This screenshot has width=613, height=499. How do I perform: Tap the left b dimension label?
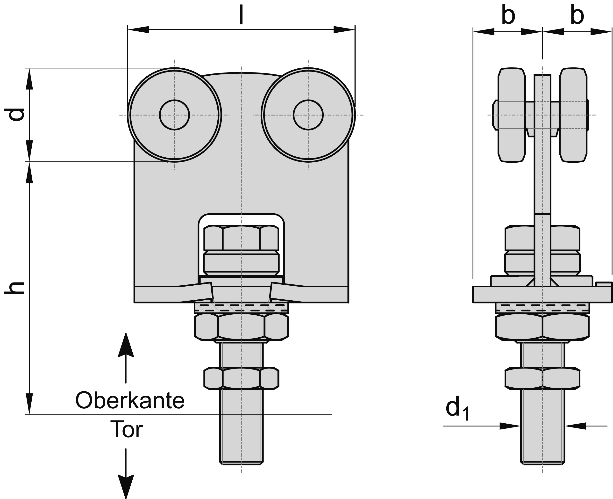click(508, 15)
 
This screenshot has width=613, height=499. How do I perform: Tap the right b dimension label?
click(577, 15)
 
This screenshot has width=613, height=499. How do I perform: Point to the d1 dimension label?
click(457, 408)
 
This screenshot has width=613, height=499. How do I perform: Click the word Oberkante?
click(130, 400)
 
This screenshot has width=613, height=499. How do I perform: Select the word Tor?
click(126, 429)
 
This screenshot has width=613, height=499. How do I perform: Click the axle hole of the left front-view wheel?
click(174, 115)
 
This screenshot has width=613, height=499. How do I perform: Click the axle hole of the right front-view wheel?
click(308, 115)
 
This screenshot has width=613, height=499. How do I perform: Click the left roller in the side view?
click(512, 115)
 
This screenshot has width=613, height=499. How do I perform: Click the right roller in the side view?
click(573, 115)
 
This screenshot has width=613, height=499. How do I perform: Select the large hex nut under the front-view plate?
click(241, 327)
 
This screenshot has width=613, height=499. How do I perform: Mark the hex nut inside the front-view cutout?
click(241, 238)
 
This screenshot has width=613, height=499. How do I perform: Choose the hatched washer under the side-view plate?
click(542, 308)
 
